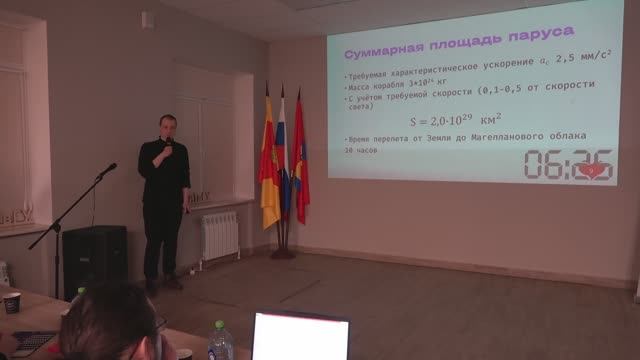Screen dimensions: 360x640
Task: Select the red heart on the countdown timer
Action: [x=593, y=170]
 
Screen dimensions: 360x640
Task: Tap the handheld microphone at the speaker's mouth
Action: [x=169, y=145]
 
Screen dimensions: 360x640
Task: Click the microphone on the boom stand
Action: [x=107, y=171]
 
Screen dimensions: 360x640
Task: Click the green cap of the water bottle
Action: [x=219, y=325]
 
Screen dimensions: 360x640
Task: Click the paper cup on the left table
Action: [x=12, y=303]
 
